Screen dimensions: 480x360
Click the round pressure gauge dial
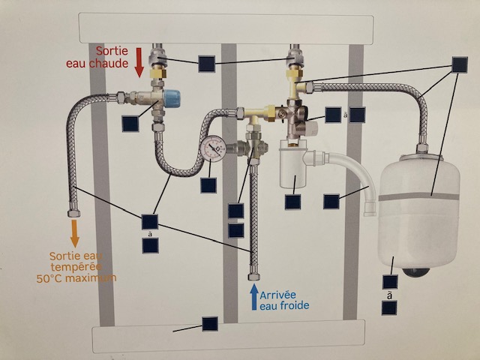coord(214,147)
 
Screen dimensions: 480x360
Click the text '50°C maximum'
coord(75,279)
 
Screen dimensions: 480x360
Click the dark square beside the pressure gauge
coord(209,184)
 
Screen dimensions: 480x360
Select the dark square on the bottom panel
coord(210,324)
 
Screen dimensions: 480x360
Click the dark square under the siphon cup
coord(292,201)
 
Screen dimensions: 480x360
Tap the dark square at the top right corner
coord(460,65)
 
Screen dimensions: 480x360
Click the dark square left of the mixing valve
coord(130,124)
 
